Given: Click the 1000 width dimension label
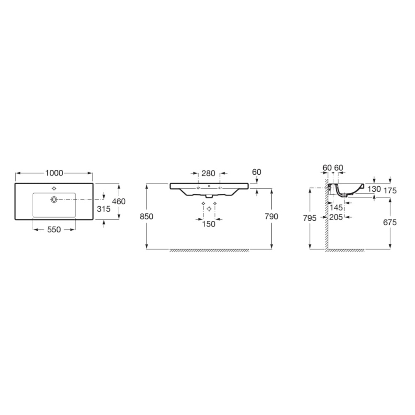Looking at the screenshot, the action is (54, 173).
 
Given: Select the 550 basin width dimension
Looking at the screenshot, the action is (54, 229).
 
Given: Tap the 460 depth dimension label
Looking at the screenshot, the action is (119, 201).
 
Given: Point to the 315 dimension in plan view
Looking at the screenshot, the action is (103, 209).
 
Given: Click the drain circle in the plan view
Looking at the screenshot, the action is (54, 199).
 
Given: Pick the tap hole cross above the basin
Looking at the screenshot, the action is (54, 188).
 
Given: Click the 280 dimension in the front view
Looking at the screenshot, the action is (208, 173).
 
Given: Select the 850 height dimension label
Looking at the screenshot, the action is (146, 217).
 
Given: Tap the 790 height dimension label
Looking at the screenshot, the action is (271, 217).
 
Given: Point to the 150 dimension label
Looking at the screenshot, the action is (209, 224).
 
